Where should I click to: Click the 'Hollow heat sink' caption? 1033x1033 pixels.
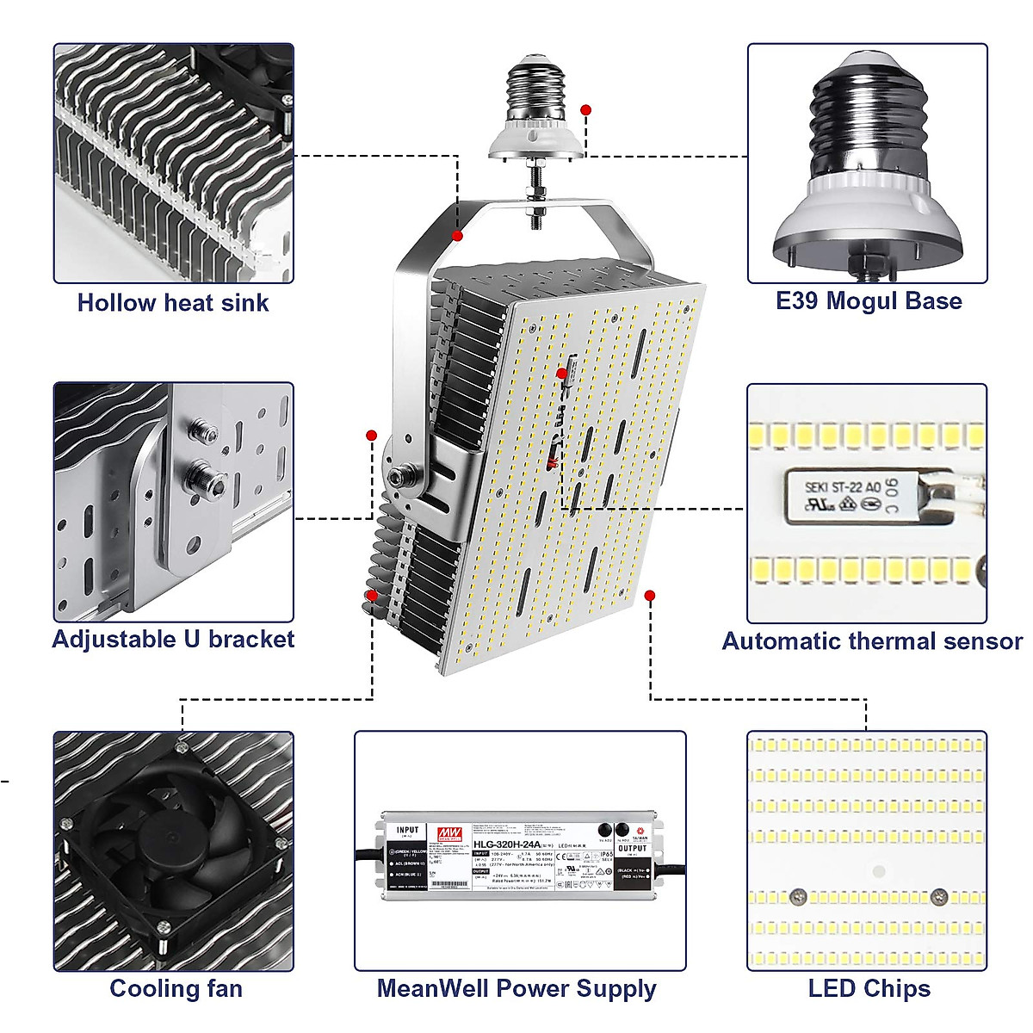pos(173,303)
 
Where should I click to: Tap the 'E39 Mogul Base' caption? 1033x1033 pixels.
pos(868,301)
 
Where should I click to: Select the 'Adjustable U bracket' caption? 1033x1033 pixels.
pos(173,640)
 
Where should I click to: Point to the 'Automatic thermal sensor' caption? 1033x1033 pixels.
pos(871,641)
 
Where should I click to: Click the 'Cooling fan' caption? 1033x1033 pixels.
pos(176,989)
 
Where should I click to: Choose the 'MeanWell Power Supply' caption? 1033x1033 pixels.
pos(516,989)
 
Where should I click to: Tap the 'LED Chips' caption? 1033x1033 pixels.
pos(869,989)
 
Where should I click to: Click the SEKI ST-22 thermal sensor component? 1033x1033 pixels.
pos(869,497)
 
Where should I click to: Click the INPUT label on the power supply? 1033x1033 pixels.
pos(407,832)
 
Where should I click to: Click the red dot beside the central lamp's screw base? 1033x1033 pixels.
pos(586,110)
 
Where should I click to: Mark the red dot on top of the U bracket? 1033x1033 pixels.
pos(458,236)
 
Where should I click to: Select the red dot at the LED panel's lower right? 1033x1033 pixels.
pos(650,595)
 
